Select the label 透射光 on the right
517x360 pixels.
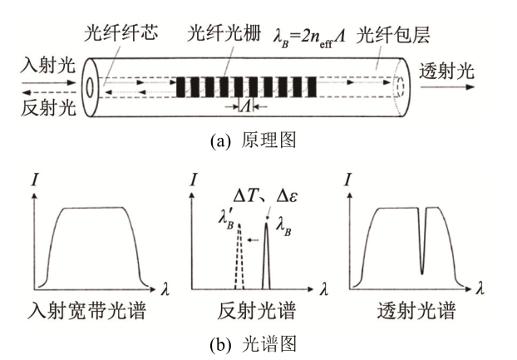point(447,70)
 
